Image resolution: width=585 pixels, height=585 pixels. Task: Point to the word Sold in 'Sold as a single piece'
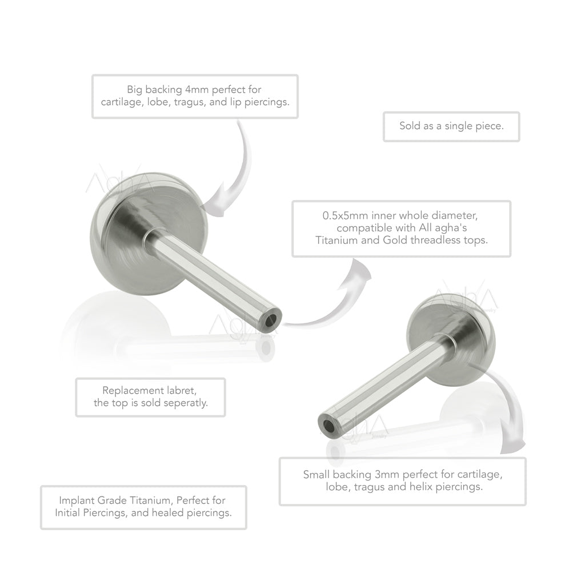coord(409,126)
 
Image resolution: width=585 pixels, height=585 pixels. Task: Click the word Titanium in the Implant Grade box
coord(151,500)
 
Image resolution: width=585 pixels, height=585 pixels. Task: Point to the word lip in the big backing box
coord(235,102)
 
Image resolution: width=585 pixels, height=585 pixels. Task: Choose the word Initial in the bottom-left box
coord(67,513)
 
